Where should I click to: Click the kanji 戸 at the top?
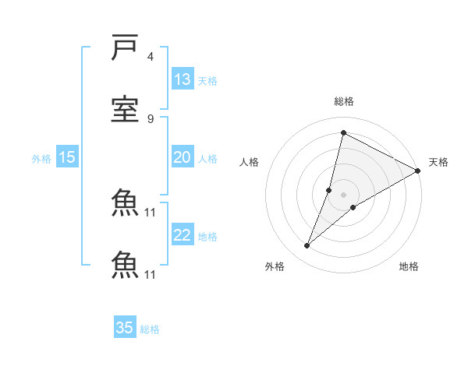click(x=126, y=48)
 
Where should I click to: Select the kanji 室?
click(x=126, y=108)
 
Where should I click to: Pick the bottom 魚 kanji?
click(x=126, y=264)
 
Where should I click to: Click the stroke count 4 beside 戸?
click(x=151, y=57)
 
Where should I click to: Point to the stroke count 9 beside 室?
click(x=151, y=118)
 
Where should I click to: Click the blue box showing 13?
click(x=183, y=79)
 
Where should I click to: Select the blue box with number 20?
click(x=183, y=157)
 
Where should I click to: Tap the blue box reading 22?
click(x=183, y=235)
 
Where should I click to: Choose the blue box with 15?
click(x=67, y=157)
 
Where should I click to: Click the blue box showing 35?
click(x=125, y=328)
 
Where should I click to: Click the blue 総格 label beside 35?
click(x=150, y=329)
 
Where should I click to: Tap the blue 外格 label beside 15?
click(x=41, y=159)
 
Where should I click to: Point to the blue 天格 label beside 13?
click(x=207, y=81)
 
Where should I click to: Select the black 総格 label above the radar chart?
click(x=344, y=101)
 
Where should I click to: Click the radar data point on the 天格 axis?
click(x=418, y=171)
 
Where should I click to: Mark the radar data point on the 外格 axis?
click(x=307, y=246)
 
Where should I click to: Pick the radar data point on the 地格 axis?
click(x=353, y=206)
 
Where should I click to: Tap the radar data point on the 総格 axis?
click(x=343, y=133)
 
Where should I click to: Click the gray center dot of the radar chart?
click(x=343, y=194)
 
